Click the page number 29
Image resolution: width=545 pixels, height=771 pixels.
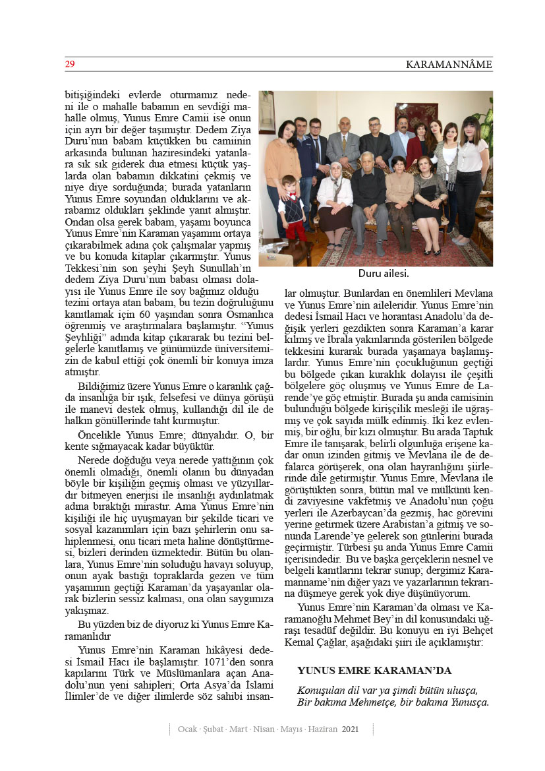(x=69, y=65)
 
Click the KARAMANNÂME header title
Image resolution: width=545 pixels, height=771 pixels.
(x=449, y=65)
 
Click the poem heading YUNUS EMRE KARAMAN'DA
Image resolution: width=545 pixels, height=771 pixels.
(x=374, y=670)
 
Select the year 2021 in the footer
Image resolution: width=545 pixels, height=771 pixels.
(x=351, y=729)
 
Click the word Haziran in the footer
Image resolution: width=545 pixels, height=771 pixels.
(x=322, y=729)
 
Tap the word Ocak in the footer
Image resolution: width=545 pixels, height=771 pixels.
(x=188, y=729)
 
